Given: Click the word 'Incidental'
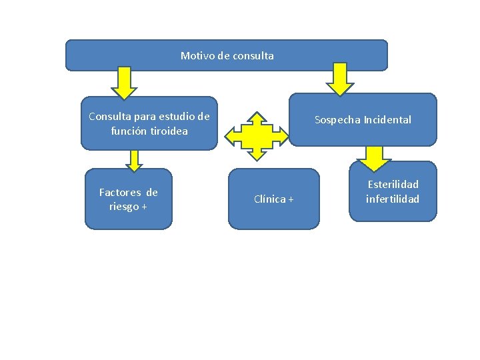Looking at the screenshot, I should [387, 120].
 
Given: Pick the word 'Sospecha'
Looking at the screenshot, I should [337, 120].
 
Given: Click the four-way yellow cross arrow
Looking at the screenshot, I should [257, 135].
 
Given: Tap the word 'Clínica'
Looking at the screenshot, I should [269, 199].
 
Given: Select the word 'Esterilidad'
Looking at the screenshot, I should [393, 185].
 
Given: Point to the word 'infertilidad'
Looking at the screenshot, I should [393, 199].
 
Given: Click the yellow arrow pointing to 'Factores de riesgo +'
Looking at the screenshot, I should [135, 161].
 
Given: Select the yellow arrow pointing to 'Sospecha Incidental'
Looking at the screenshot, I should [341, 81].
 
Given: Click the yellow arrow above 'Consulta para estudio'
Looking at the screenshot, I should [123, 83].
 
